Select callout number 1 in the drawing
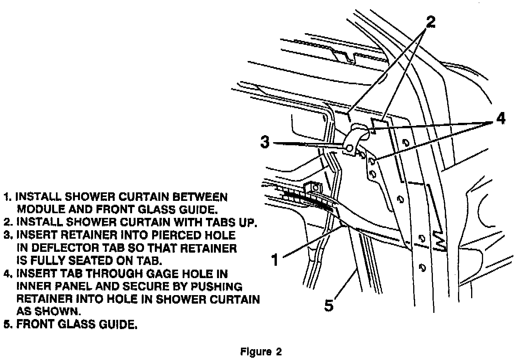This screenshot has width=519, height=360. coord(274,260)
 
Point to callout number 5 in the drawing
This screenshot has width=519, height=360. coord(328,306)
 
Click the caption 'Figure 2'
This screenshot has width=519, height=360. coord(261,352)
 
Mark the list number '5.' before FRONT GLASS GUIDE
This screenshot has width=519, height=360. coord(7,324)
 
